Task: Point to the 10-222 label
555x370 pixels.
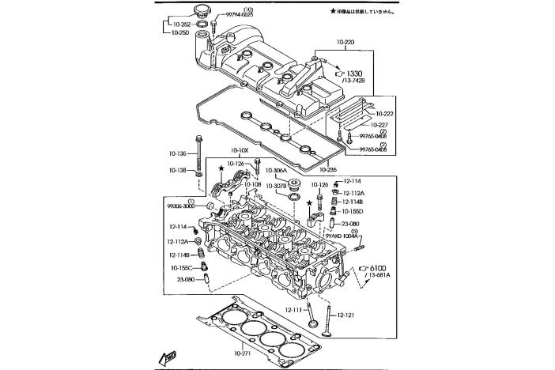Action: pos(386,114)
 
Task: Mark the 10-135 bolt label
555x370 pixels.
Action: pos(178,153)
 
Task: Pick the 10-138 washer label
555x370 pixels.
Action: pos(178,170)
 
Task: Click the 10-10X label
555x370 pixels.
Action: pos(240,150)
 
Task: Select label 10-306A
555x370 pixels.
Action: pos(276,170)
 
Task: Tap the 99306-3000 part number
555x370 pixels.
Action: pos(180,206)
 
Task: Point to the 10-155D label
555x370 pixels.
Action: pos(353,211)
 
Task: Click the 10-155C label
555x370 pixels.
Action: pos(180,266)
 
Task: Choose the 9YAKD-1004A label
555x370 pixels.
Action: pos(342,236)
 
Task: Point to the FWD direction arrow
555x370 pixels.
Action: pos(169,357)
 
